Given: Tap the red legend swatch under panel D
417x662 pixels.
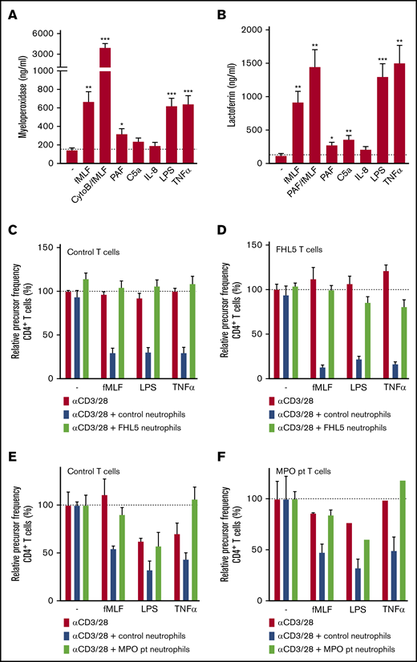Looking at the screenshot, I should (x=269, y=398).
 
